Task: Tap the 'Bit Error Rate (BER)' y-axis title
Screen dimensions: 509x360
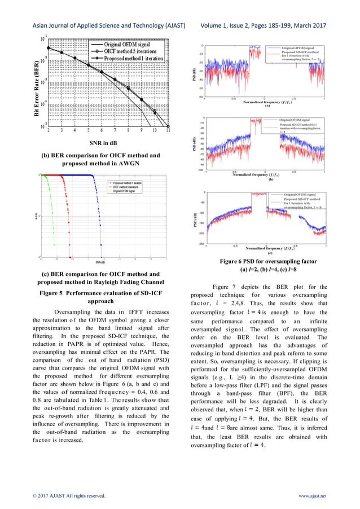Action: point(37,81)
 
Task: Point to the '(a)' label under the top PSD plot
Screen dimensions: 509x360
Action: point(267,106)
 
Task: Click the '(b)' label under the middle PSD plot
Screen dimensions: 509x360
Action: point(271,179)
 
